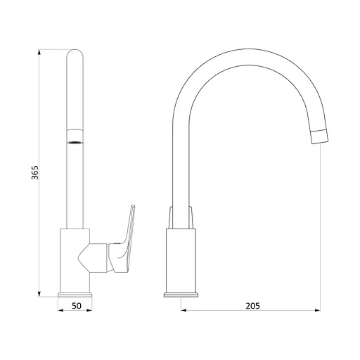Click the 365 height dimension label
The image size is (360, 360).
click(34, 172)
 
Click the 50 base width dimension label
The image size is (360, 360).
click(77, 306)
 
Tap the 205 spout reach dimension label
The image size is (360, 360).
click(252, 306)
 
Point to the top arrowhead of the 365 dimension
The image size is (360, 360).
click(39, 52)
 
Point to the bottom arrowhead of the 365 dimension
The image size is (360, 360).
click(39, 294)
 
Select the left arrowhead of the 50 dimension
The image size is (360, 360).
click(60, 310)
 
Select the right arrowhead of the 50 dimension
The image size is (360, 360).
click(89, 310)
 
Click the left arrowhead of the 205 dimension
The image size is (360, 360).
click(184, 310)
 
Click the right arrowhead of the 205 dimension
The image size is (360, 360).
click(318, 310)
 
